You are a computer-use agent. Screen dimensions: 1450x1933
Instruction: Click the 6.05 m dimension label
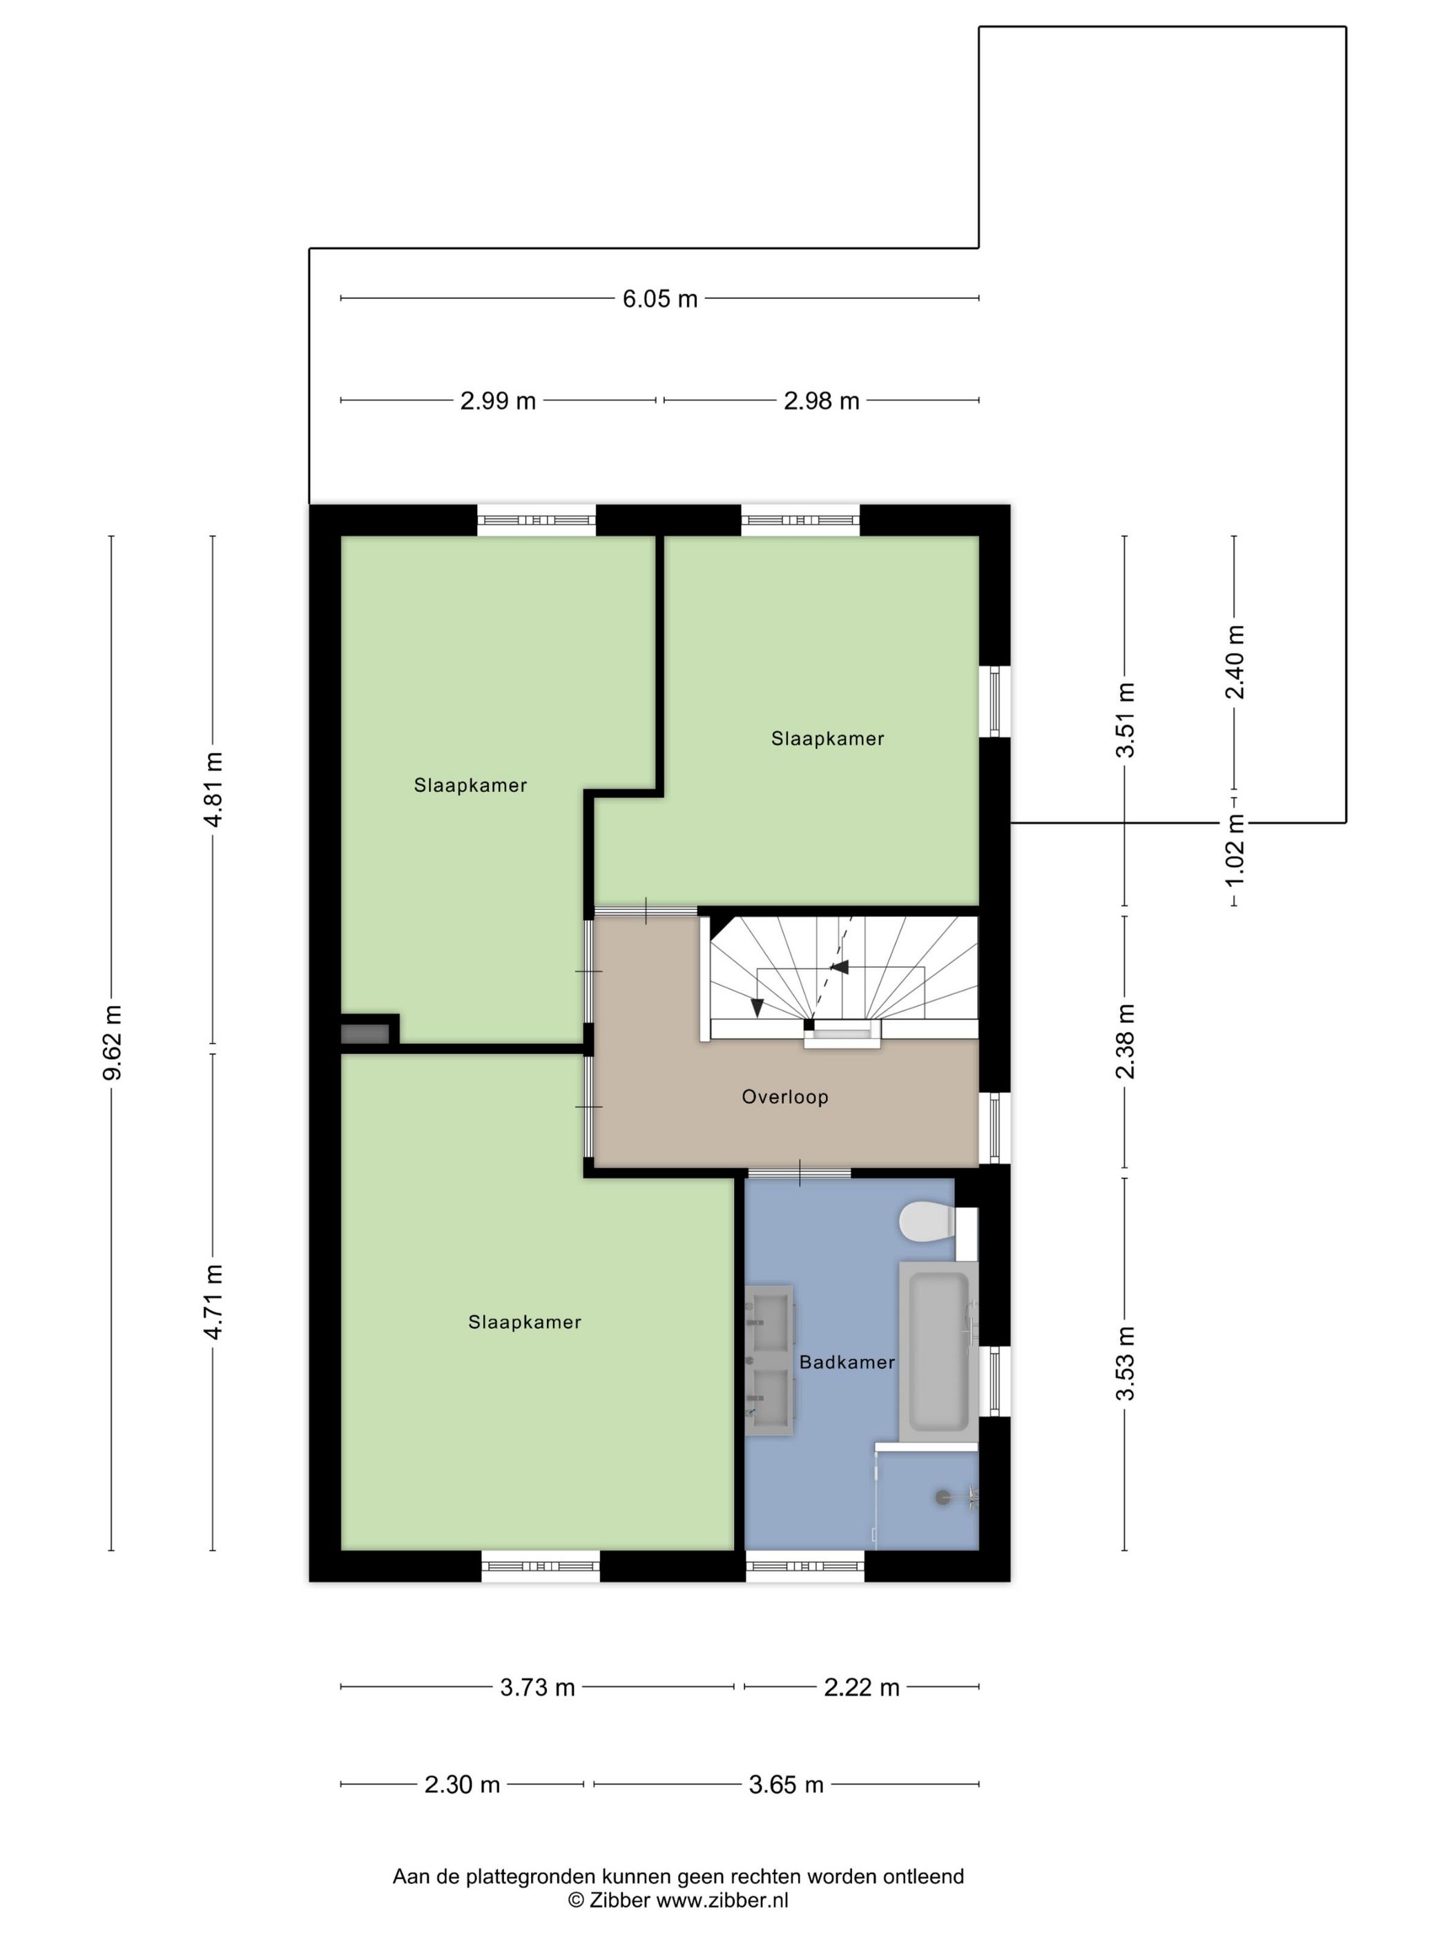point(660,299)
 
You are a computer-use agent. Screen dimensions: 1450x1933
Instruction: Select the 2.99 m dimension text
point(499,401)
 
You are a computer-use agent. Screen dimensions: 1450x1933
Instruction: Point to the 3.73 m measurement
point(537,1687)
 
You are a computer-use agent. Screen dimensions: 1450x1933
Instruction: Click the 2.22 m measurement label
point(862,1687)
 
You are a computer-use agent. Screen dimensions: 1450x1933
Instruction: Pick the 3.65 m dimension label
point(786,1785)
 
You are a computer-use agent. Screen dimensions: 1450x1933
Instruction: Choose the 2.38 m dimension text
point(1127,1041)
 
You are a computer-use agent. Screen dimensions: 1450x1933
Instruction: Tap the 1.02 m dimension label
point(1234,848)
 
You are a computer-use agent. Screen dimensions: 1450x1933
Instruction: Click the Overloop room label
point(785,1097)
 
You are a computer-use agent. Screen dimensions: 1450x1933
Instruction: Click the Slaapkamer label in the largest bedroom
point(524,1322)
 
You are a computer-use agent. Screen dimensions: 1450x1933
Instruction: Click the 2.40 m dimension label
point(1234,662)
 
